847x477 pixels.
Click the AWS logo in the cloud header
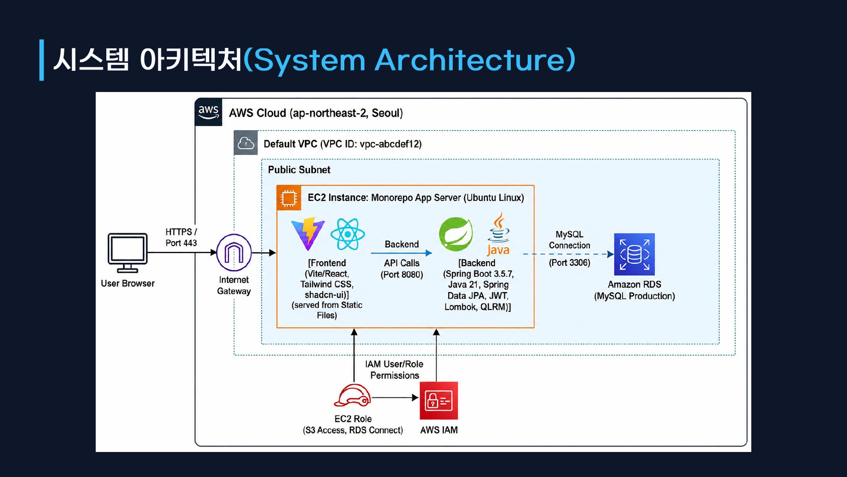tap(208, 112)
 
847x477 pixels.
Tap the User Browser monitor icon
tap(127, 253)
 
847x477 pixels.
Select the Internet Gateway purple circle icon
tap(234, 253)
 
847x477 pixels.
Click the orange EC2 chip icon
tap(289, 198)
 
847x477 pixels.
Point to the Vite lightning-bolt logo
tap(308, 234)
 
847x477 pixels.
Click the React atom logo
tap(348, 234)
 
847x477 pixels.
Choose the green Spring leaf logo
tap(456, 234)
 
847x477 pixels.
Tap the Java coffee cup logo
tap(498, 234)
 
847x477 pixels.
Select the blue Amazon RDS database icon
tap(634, 254)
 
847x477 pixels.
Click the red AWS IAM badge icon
tap(439, 401)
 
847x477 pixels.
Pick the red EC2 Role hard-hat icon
tap(352, 396)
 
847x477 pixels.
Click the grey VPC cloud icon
tap(246, 143)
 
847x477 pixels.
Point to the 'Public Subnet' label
tap(299, 170)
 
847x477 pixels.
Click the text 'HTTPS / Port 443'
tap(181, 237)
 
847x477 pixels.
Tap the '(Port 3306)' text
tap(570, 262)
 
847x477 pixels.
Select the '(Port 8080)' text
tap(402, 274)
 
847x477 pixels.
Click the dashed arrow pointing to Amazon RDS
tap(568, 254)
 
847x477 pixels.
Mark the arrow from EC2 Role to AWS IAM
tap(395, 398)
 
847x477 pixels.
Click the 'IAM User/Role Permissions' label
tap(394, 370)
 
